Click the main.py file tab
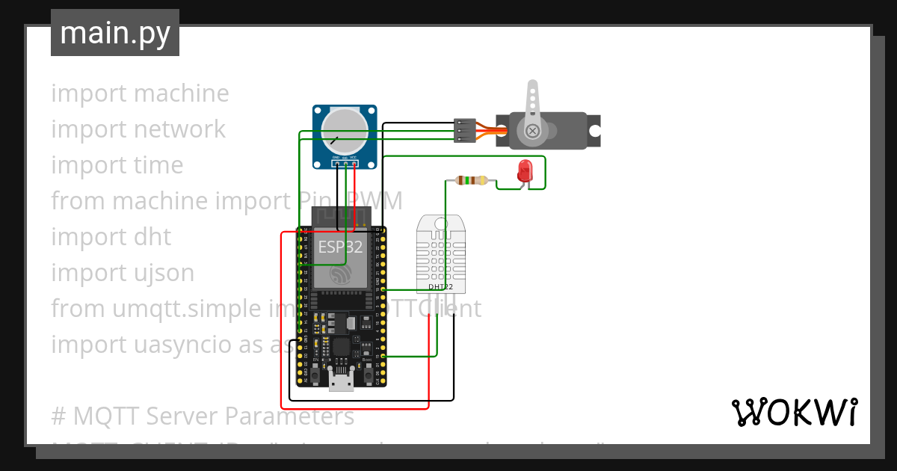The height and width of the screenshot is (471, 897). (114, 34)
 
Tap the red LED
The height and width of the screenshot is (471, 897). (525, 170)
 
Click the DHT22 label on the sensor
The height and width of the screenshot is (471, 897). (440, 286)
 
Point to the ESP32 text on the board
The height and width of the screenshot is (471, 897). (340, 247)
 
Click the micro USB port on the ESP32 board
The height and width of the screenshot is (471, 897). (342, 383)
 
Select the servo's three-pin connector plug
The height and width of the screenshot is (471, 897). (465, 130)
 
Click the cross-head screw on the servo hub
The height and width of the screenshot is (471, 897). (532, 131)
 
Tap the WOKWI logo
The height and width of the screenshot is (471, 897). (794, 413)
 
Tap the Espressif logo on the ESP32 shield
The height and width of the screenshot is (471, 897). (341, 277)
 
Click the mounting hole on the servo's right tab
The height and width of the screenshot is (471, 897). (594, 130)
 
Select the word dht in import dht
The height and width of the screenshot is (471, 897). (152, 237)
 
